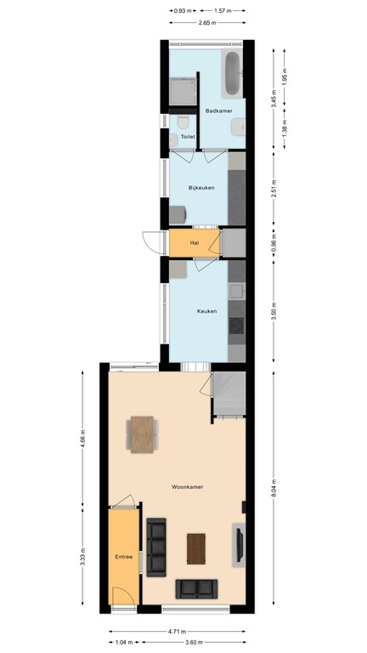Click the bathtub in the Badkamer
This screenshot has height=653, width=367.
233,73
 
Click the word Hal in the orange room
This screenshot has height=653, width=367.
194,243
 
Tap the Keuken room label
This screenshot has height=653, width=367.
206,311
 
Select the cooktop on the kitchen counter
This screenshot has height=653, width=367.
238,325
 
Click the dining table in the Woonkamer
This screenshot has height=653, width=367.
143,434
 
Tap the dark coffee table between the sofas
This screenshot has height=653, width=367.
196,548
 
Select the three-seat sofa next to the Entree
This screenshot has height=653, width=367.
156,546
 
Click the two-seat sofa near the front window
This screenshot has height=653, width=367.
196,588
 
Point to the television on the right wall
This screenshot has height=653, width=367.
240,545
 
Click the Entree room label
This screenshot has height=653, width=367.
124,557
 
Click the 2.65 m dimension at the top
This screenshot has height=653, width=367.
206,24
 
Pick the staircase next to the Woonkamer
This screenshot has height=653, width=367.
229,394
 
